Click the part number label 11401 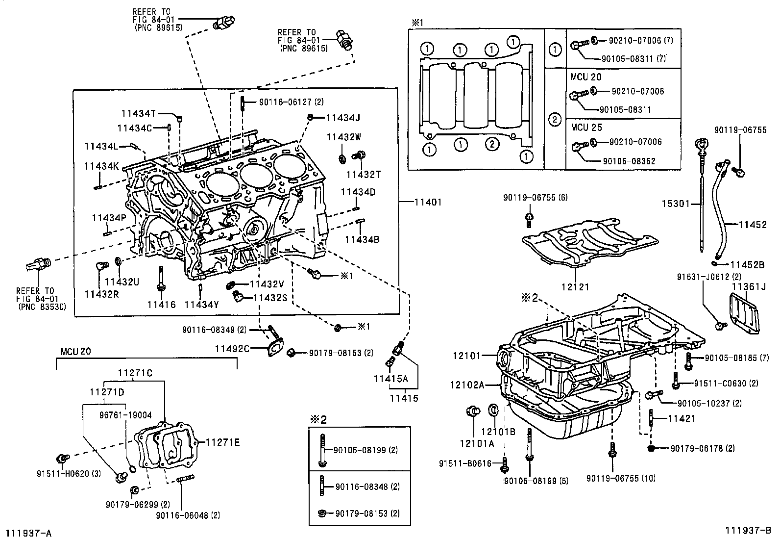click(x=428, y=202)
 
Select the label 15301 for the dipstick click(x=676, y=203)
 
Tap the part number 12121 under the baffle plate click(x=575, y=287)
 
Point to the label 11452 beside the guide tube click(x=753, y=225)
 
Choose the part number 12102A click(x=466, y=385)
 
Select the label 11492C click(x=232, y=349)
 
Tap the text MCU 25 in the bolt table click(x=586, y=128)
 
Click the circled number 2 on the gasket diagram click(x=492, y=144)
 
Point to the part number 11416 click(x=161, y=305)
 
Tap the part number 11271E click(x=222, y=442)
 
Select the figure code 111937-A click(x=28, y=533)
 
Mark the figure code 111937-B click(x=748, y=530)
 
